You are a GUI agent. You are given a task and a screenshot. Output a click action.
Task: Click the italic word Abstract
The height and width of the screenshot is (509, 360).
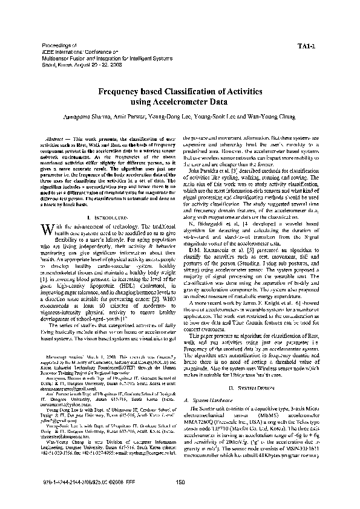point(56,139)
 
